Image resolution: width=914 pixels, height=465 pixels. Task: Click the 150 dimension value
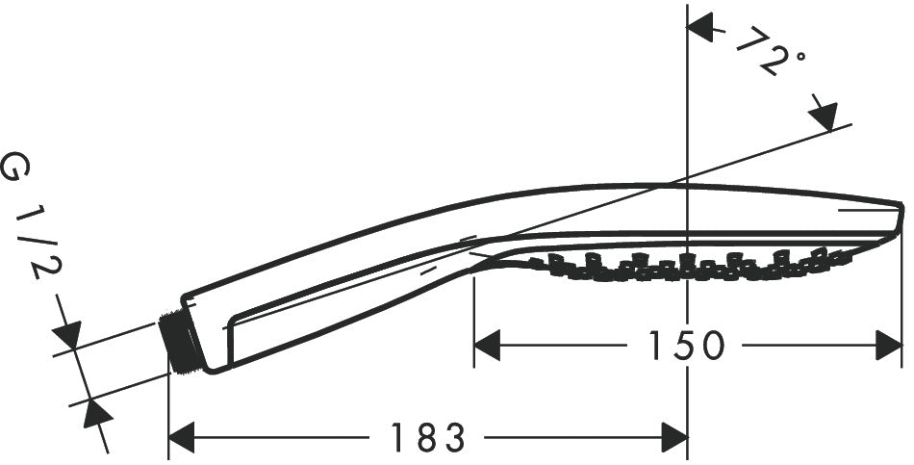pos(685,345)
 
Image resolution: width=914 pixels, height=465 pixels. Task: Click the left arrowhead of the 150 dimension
pos(487,345)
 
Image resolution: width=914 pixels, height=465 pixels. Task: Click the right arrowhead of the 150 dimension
pos(890,345)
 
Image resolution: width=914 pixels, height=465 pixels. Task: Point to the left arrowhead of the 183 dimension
pos(181,438)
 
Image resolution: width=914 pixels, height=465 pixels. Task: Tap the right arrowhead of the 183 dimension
pos(674,438)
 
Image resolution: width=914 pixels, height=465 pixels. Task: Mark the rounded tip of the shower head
pos(899,217)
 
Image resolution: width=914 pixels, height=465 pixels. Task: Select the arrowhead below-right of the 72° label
pos(823,118)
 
